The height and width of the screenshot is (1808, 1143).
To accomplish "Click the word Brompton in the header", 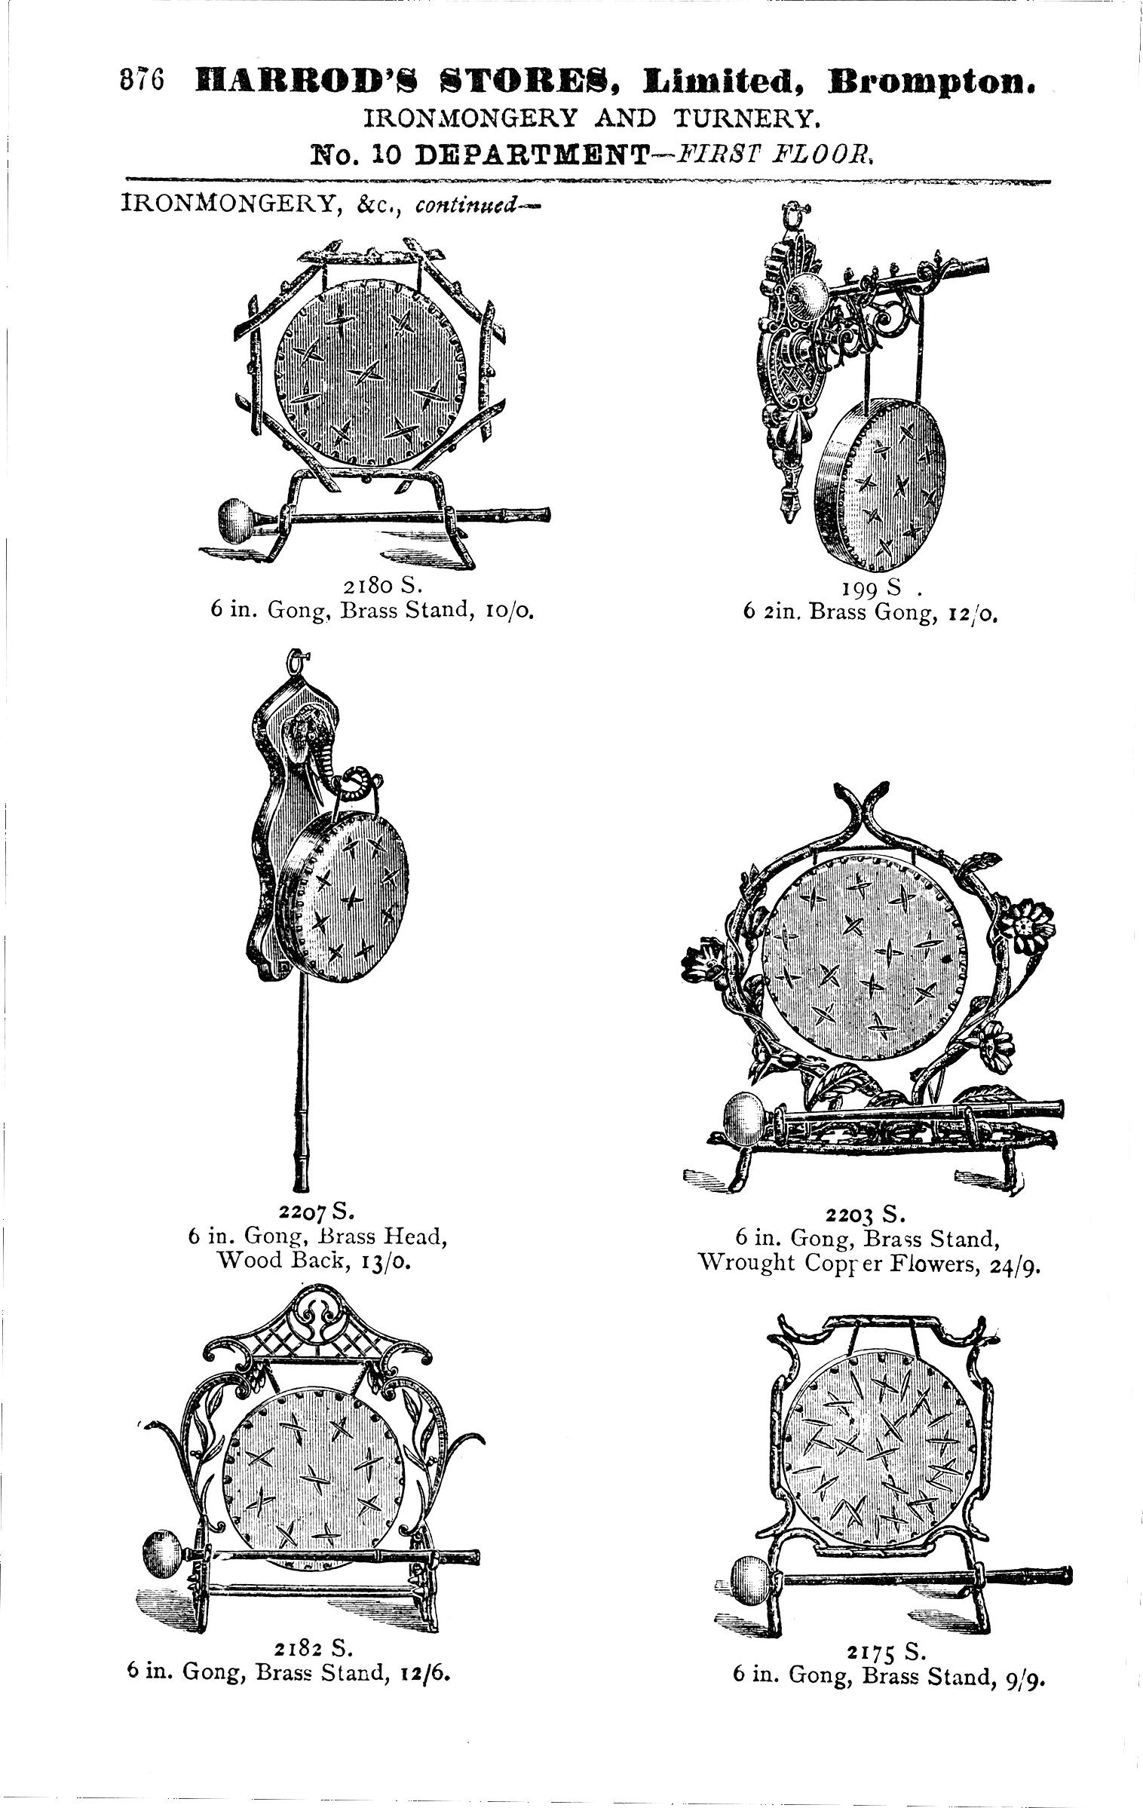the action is (932, 81).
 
